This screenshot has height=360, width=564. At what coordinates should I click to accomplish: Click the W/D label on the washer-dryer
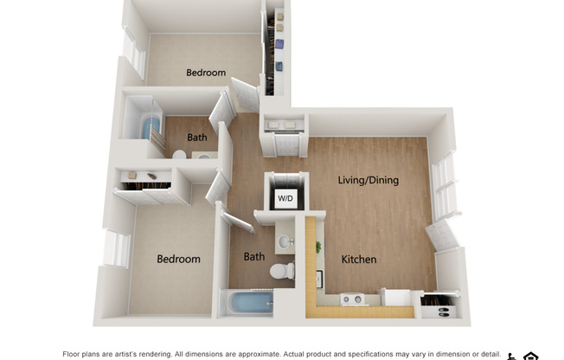285,198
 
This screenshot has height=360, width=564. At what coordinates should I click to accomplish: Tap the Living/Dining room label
368,180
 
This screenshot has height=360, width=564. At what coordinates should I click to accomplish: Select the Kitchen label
359,260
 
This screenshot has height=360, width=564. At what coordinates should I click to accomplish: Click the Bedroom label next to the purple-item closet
206,73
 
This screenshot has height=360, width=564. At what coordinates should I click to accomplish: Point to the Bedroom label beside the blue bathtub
178,260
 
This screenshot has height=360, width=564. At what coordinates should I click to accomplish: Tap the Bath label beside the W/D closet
254,257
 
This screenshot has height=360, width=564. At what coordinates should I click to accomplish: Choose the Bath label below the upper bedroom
196,137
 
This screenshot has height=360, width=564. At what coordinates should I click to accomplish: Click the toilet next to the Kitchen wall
282,271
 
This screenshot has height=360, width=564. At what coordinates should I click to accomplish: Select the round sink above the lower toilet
285,241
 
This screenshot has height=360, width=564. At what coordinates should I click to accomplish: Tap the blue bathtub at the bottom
252,303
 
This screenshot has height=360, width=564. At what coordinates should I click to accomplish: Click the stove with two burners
353,299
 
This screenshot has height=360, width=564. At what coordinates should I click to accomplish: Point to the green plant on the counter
318,247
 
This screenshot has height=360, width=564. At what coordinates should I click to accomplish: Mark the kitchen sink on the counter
319,280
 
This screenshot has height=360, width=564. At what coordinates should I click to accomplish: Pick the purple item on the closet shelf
279,44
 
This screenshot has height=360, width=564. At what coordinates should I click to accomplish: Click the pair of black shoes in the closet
444,312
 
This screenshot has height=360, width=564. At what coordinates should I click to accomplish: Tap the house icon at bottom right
530,357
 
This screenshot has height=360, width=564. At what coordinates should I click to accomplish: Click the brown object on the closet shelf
151,177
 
